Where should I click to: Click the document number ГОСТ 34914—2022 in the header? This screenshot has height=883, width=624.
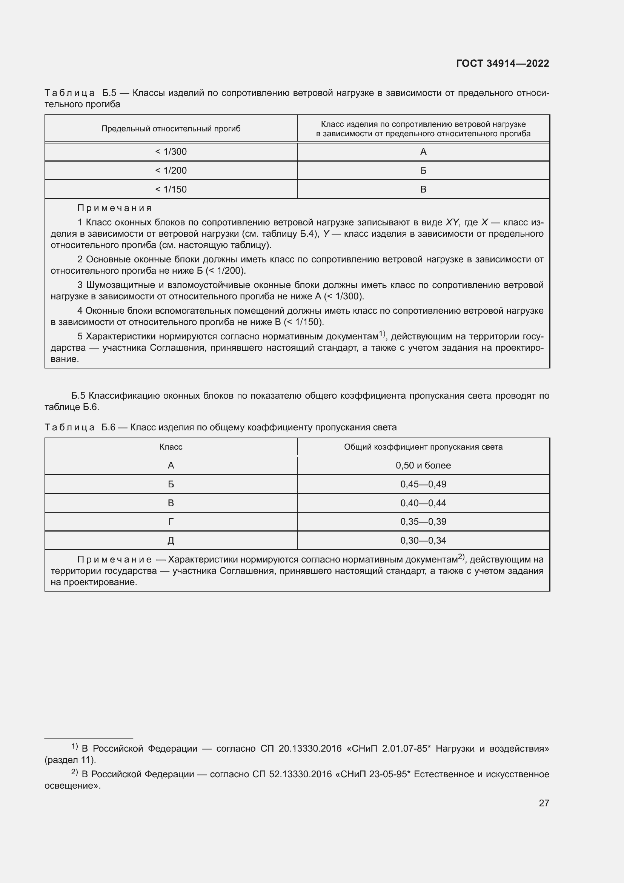pyautogui.click(x=502, y=63)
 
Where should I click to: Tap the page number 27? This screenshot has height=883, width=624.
pyautogui.click(x=544, y=803)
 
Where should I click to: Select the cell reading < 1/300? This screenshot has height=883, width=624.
pyautogui.click(x=171, y=151)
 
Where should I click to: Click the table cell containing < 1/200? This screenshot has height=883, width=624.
pyautogui.click(x=171, y=170)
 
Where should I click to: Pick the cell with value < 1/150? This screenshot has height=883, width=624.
pyautogui.click(x=171, y=189)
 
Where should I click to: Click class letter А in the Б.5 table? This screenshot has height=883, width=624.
pyautogui.click(x=423, y=151)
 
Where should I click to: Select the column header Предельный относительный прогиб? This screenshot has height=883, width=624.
pyautogui.click(x=171, y=128)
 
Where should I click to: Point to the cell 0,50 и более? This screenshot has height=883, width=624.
pyautogui.click(x=423, y=465)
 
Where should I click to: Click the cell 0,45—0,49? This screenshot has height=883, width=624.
pyautogui.click(x=423, y=484)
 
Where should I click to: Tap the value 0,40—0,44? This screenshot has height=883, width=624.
pyautogui.click(x=423, y=503)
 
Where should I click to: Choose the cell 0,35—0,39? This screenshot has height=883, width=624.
pyautogui.click(x=423, y=521)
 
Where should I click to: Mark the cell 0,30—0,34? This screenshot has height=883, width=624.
pyautogui.click(x=423, y=540)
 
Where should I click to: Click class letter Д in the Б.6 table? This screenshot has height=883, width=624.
pyautogui.click(x=171, y=541)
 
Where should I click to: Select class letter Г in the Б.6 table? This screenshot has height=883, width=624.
pyautogui.click(x=171, y=522)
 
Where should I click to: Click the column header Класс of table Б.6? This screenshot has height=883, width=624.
pyautogui.click(x=171, y=447)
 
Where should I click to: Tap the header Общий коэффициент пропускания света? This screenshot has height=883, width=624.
pyautogui.click(x=423, y=447)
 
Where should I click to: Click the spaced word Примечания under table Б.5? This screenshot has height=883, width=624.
pyautogui.click(x=115, y=208)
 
